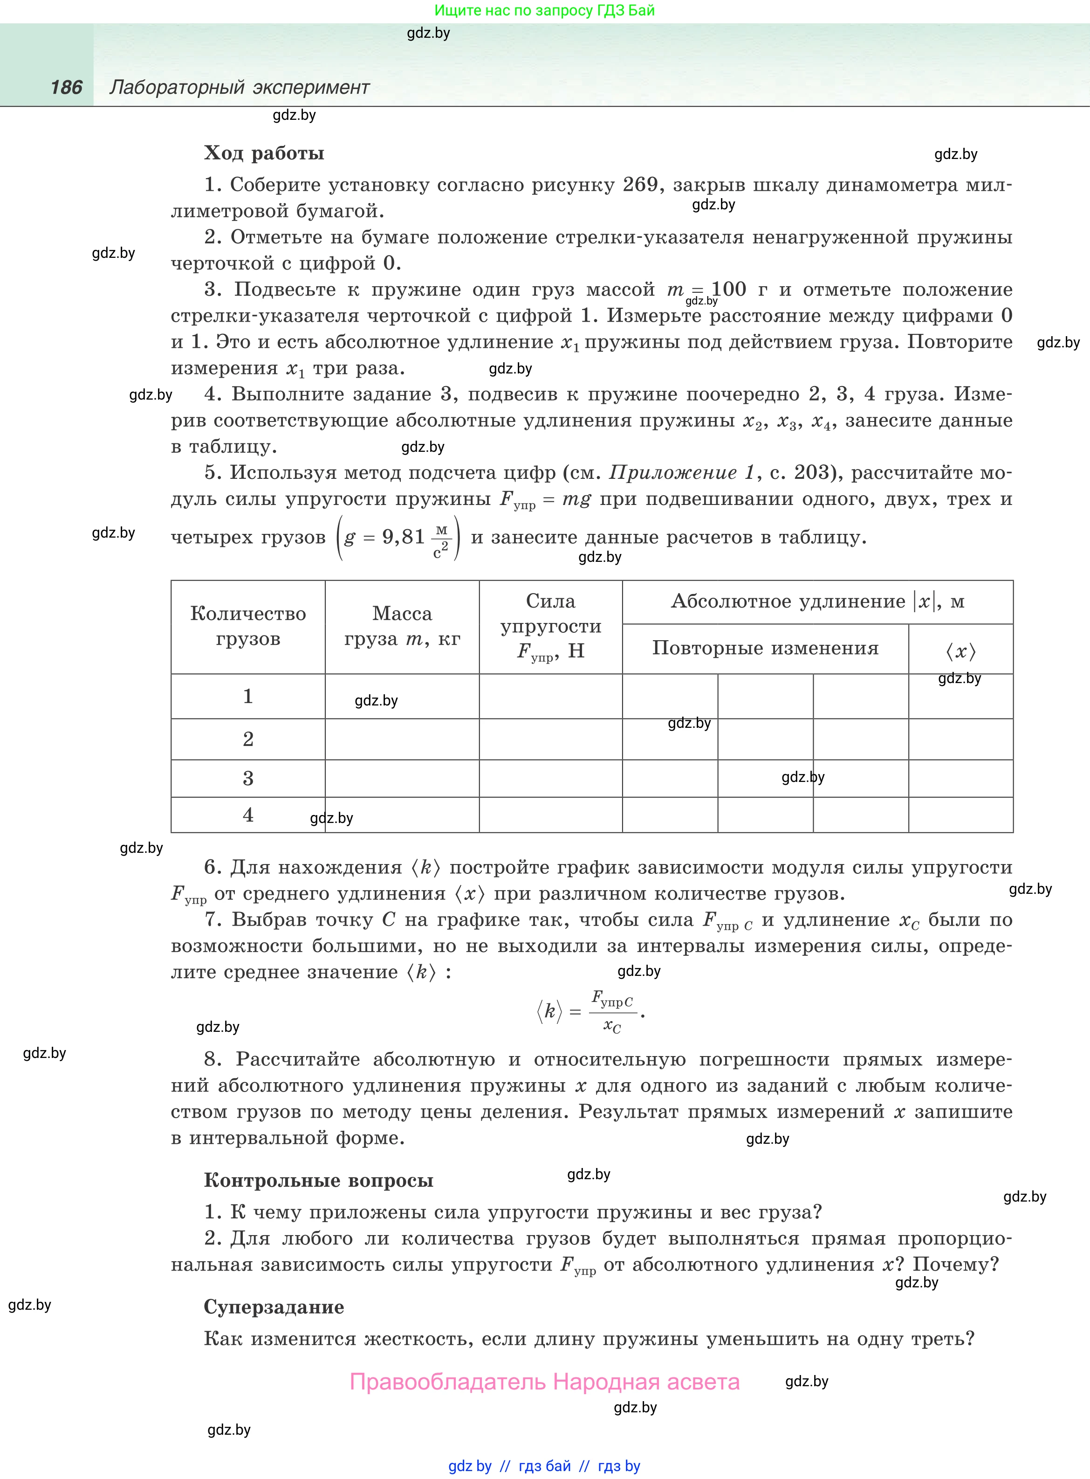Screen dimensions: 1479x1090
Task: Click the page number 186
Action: (66, 87)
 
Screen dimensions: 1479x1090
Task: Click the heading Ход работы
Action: (264, 153)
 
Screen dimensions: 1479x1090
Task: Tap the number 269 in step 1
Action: (639, 185)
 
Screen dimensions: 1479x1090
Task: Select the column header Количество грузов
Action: (248, 626)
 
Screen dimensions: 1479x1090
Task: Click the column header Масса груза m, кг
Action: (402, 626)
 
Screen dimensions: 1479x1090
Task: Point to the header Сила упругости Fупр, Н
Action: (550, 626)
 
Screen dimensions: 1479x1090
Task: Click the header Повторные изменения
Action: (765, 648)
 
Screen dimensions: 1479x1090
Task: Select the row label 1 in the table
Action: (248, 696)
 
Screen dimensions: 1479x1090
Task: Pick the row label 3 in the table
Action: (248, 779)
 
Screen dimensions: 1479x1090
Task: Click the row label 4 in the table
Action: (248, 815)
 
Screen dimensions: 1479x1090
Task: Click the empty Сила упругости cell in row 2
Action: (550, 739)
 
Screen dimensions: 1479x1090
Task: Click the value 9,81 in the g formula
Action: (403, 537)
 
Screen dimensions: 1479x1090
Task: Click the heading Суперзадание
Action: (274, 1307)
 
